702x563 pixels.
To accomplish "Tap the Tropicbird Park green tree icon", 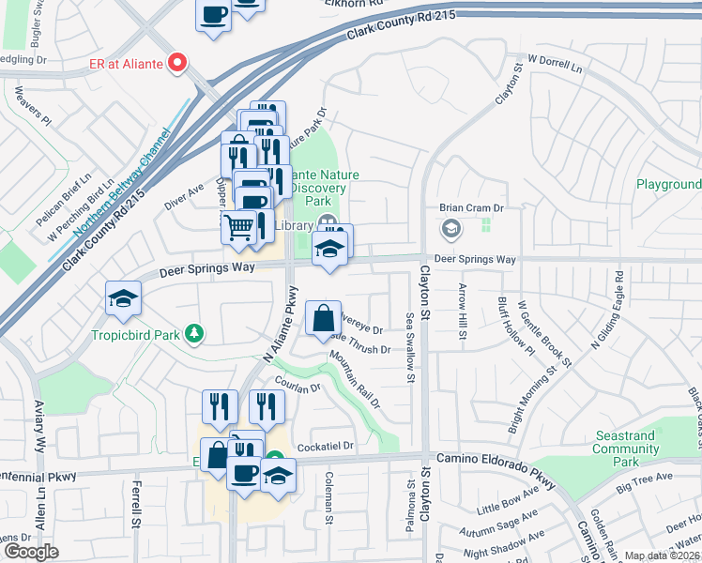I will coord(194,333).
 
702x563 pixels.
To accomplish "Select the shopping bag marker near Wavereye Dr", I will coord(323,318).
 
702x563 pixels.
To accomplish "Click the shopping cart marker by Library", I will coord(239,225).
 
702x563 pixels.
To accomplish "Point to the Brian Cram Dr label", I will coord(472,208).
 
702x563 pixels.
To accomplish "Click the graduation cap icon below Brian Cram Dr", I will coord(451,228).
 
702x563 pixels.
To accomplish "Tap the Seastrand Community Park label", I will coord(626,449).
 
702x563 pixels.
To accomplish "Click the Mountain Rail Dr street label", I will coord(355,379).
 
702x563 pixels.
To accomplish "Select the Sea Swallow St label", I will coord(410,348).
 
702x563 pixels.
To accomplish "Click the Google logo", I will coord(31,552).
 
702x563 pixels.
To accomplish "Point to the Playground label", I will coord(668,185).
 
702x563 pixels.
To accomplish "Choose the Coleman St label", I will coord(330,495).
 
